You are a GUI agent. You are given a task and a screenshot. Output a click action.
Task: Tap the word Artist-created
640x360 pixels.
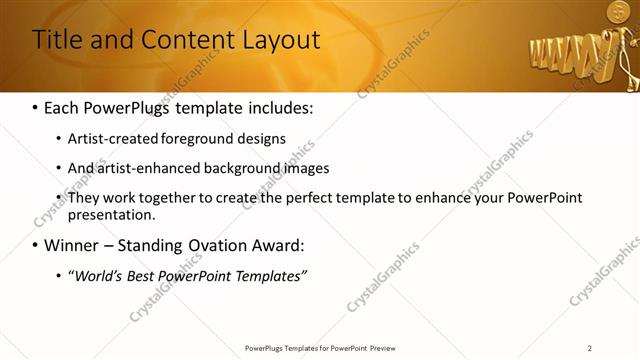coord(106,139)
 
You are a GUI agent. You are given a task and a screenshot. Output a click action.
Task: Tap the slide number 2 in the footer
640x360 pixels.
coord(589,347)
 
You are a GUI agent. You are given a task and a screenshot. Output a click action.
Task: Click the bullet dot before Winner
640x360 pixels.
coord(36,246)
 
